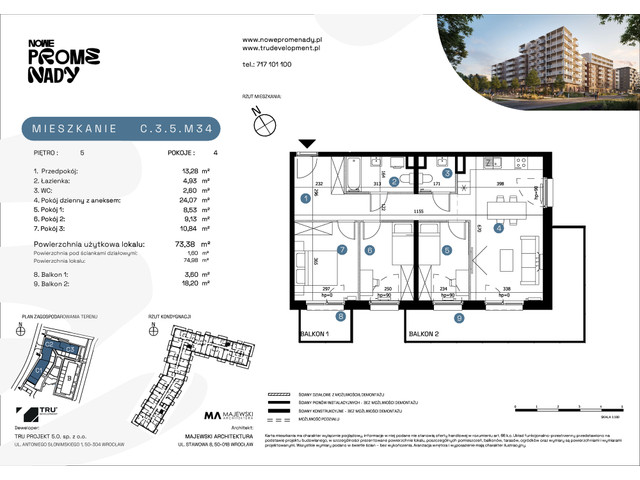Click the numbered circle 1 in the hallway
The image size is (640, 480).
[x=305, y=199]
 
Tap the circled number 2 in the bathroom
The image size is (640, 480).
[x=395, y=181]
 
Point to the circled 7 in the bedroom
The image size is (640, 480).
[x=341, y=251]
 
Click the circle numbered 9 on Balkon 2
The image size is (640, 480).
[x=458, y=318]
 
